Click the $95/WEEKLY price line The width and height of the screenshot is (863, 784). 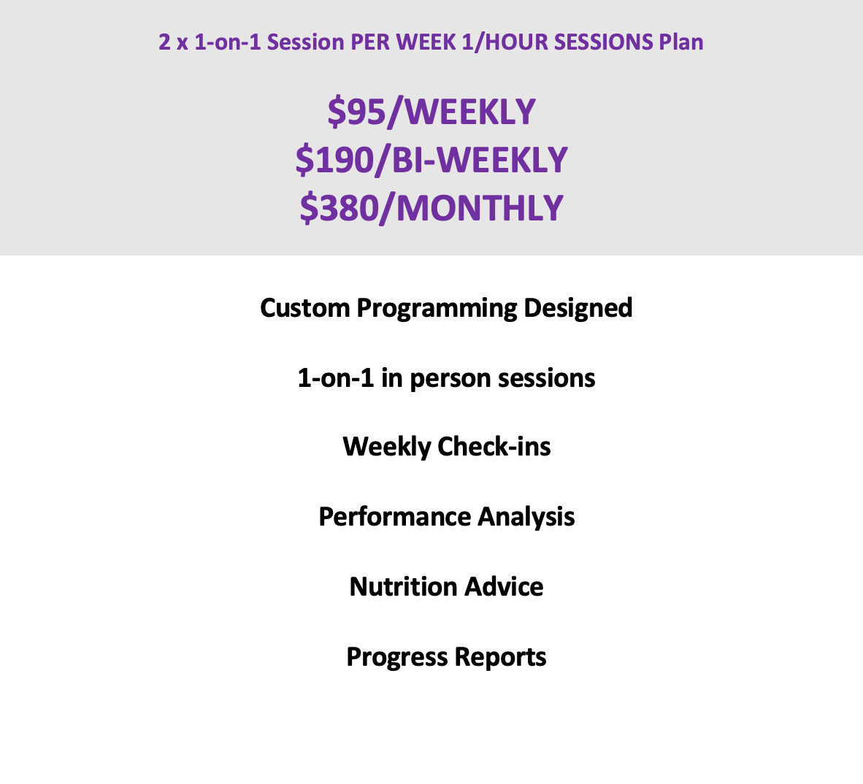[x=431, y=112]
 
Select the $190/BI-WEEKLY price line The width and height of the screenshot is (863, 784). [x=431, y=160]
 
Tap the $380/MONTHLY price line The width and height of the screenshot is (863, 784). [x=431, y=208]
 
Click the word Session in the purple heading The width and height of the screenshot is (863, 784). [x=305, y=42]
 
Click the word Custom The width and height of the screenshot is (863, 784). [x=305, y=308]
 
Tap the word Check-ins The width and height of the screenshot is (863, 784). [x=494, y=446]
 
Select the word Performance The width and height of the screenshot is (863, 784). [x=394, y=517]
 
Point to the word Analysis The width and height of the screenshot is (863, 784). [x=526, y=518]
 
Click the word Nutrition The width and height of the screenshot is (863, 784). [x=404, y=586]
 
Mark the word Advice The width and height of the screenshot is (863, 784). [x=504, y=586]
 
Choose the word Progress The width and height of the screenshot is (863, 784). [x=397, y=658]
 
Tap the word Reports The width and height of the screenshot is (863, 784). [x=500, y=658]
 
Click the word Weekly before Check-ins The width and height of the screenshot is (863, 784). [x=386, y=447]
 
